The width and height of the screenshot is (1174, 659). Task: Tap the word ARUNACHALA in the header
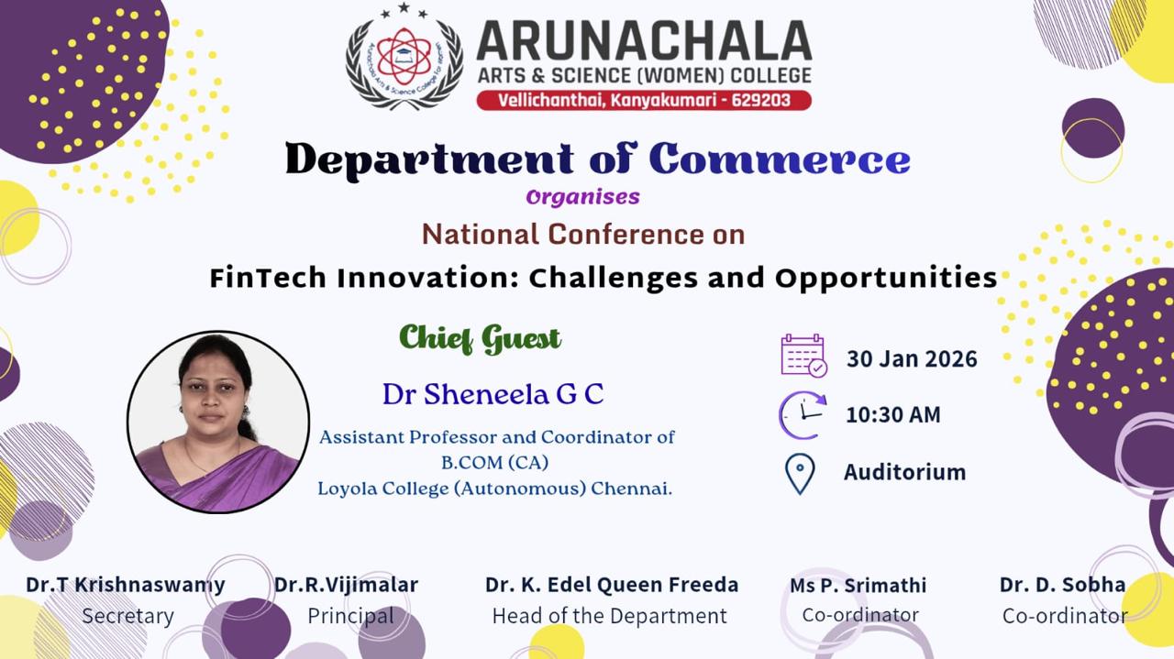643,40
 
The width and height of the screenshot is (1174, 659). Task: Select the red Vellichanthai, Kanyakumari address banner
644,99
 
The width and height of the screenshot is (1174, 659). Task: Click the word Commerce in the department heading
780,159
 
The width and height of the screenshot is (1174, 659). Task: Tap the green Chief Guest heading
480,338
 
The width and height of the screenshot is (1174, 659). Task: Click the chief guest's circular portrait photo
218,422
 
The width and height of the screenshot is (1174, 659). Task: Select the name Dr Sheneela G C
493,394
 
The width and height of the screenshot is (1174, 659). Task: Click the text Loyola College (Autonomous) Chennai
494,489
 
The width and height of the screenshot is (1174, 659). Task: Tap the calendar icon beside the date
803,356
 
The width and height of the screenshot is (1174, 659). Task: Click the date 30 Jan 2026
912,358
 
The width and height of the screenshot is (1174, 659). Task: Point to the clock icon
803,414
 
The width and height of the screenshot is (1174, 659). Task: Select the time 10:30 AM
892,414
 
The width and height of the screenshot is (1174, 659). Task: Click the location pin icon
800,473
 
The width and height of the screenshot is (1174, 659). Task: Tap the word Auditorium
904,472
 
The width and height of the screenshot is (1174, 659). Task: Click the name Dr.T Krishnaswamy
126,585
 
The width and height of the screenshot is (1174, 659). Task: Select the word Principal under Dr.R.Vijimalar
350,616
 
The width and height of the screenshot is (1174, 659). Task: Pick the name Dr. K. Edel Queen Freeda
612,585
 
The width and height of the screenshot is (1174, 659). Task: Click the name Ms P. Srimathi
858,585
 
